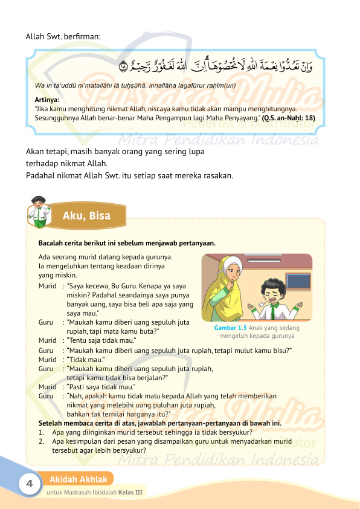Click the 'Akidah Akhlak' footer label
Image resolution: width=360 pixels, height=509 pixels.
click(79, 479)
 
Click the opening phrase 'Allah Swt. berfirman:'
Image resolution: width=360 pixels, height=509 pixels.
click(63, 36)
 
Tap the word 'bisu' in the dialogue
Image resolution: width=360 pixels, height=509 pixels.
click(281, 350)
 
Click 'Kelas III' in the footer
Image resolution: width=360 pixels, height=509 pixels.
click(130, 492)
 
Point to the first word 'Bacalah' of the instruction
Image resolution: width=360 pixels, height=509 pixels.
click(51, 243)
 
